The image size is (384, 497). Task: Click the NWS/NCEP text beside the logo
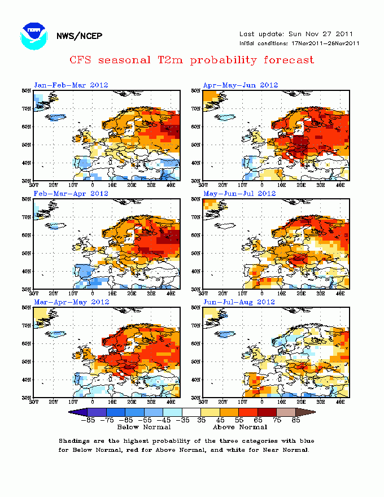tap(79, 37)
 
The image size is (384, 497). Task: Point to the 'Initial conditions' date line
tap(299, 43)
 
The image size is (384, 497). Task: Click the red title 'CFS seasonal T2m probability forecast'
tap(191, 59)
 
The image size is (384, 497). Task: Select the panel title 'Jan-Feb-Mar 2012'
tap(71, 85)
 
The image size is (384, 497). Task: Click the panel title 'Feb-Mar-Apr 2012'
tap(71, 193)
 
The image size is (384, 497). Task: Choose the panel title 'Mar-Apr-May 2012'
tap(71, 302)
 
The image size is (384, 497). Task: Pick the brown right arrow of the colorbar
tap(308, 412)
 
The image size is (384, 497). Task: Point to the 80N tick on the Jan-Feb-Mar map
tap(26, 90)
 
